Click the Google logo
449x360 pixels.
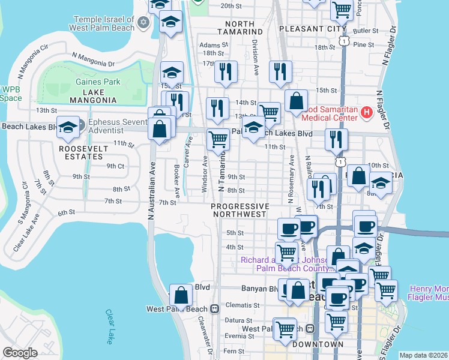pyautogui.click(x=20, y=352)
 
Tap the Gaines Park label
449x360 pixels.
pyautogui.click(x=98, y=82)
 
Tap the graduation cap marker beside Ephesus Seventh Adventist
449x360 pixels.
pyautogui.click(x=68, y=127)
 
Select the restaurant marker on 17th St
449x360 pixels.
pyautogui.click(x=226, y=71)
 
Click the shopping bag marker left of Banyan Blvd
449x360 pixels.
pyautogui.click(x=181, y=295)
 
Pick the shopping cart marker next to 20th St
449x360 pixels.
pyautogui.click(x=342, y=8)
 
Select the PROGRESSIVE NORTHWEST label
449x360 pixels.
pyautogui.click(x=239, y=210)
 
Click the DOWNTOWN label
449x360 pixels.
pyautogui.click(x=318, y=344)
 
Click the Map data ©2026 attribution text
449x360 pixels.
pyautogui.click(x=423, y=355)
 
